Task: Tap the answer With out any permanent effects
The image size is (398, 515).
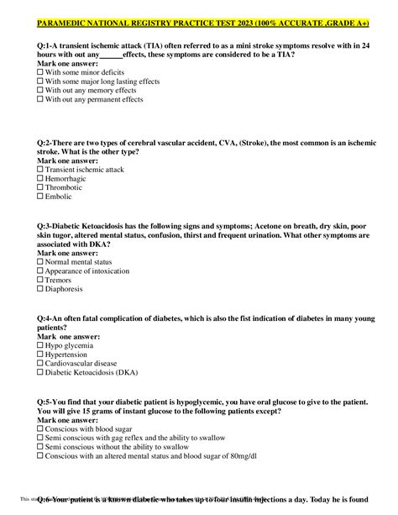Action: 92,100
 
